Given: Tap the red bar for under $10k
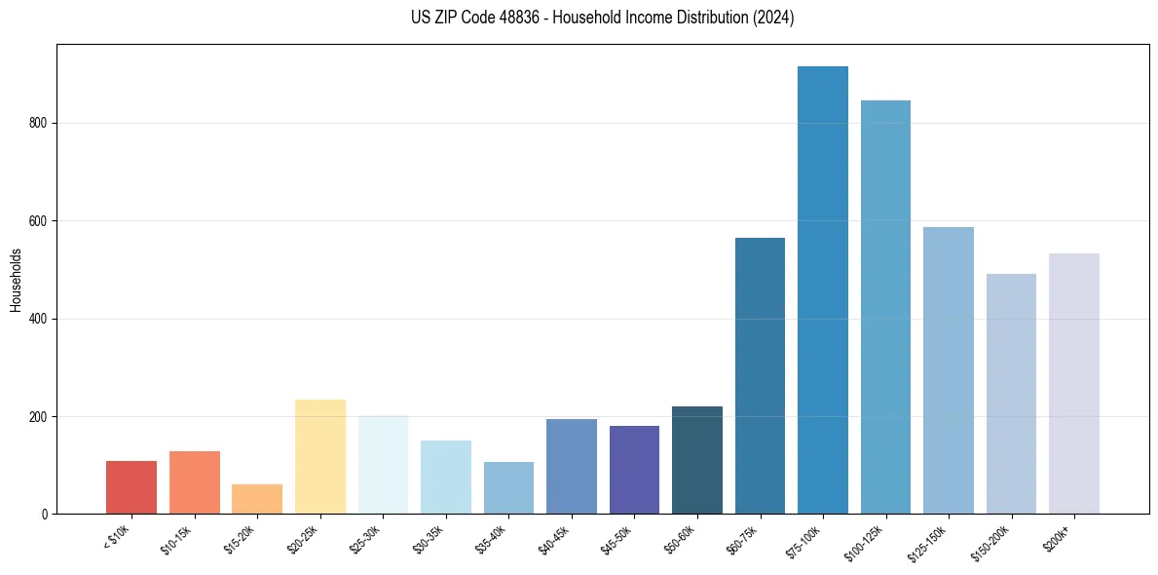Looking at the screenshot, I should [x=131, y=487].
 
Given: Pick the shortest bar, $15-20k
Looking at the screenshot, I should [x=257, y=499].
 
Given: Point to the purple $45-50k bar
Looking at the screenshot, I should [x=634, y=470].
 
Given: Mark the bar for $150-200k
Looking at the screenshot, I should [x=1011, y=394].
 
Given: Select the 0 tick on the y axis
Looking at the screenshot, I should [x=46, y=514].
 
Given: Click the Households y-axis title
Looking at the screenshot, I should [x=16, y=280].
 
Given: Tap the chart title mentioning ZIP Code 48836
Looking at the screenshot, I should [x=603, y=18].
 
